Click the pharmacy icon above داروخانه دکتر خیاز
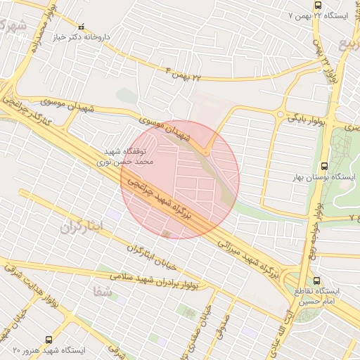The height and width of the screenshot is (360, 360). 81,27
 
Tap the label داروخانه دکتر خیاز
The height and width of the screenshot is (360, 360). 81,37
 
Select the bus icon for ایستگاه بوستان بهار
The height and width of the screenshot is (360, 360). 323,167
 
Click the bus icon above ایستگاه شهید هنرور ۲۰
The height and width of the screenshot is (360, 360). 48,339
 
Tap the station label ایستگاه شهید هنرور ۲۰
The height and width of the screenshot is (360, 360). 49,349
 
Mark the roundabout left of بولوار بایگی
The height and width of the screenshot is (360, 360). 281,115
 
